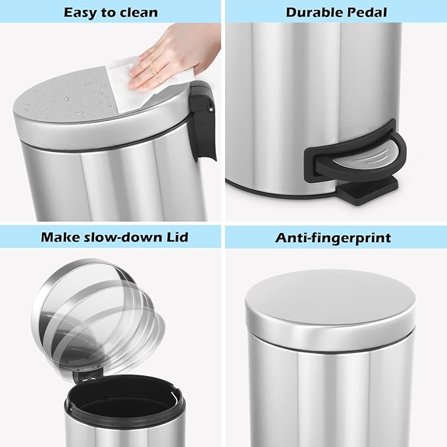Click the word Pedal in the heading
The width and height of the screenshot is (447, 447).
pos(366,12)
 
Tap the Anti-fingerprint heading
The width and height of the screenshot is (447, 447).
pos(333,237)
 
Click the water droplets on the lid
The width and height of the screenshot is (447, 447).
pos(63,99)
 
